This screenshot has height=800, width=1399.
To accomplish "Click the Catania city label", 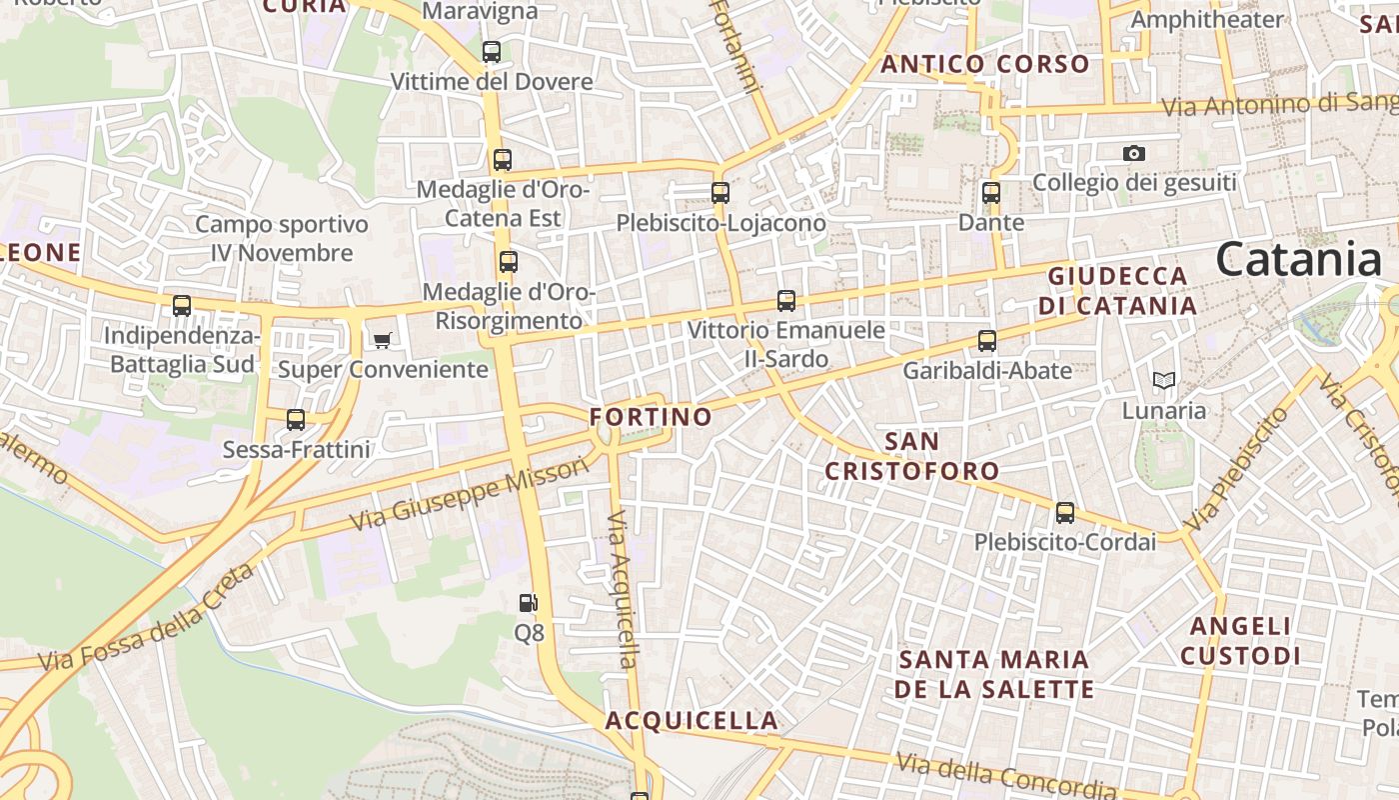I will click(x=1298, y=260).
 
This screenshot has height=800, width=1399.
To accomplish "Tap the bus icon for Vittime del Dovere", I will click(x=492, y=52).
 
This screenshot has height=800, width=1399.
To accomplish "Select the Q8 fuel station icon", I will click(x=529, y=602).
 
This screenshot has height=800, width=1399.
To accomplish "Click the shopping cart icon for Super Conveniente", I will click(x=382, y=341).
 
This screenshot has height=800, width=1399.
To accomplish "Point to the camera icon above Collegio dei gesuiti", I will click(x=1133, y=153).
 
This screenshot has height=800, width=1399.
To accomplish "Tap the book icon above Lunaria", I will click(x=1163, y=381).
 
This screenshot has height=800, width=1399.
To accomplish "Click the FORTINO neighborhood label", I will click(x=651, y=416).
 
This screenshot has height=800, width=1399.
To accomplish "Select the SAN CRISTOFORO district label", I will click(x=911, y=456).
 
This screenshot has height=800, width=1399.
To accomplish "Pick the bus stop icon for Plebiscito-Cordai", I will click(x=1065, y=513).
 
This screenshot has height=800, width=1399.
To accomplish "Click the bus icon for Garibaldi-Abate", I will click(x=987, y=341).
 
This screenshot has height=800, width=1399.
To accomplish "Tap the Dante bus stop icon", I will click(x=991, y=193).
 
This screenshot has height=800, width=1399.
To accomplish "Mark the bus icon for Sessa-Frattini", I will click(x=296, y=420).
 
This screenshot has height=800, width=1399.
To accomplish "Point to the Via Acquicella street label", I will click(x=622, y=590).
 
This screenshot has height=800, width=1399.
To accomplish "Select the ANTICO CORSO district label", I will click(x=984, y=64).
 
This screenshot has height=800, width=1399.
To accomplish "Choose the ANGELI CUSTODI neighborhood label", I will click(x=1240, y=641).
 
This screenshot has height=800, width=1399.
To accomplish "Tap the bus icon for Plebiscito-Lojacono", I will click(x=720, y=193).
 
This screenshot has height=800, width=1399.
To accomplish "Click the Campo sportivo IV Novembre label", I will click(x=282, y=239).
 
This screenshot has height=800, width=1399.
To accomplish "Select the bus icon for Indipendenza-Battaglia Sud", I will click(x=182, y=306).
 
